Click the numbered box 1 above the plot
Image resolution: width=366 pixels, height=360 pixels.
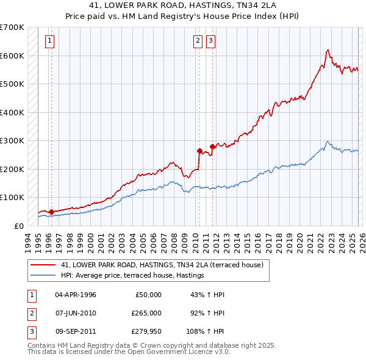coord(49,41)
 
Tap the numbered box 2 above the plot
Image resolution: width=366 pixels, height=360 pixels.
coord(198,41)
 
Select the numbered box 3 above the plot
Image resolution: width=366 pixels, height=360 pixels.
coord(210,41)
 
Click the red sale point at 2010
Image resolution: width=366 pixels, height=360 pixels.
coord(199,150)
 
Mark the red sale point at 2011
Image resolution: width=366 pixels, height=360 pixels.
coord(213,146)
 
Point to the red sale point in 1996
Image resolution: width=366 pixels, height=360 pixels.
coord(51,212)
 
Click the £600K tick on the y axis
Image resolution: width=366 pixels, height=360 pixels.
coord(12,56)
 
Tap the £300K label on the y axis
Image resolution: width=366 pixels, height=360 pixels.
coord(12,140)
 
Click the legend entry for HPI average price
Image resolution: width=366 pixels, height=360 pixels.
coord(132,276)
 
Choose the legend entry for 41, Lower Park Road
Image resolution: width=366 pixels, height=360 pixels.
coord(162,265)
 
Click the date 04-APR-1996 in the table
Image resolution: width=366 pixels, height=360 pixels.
coord(76,294)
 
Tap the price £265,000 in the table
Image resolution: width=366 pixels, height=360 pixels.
coord(145,313)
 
